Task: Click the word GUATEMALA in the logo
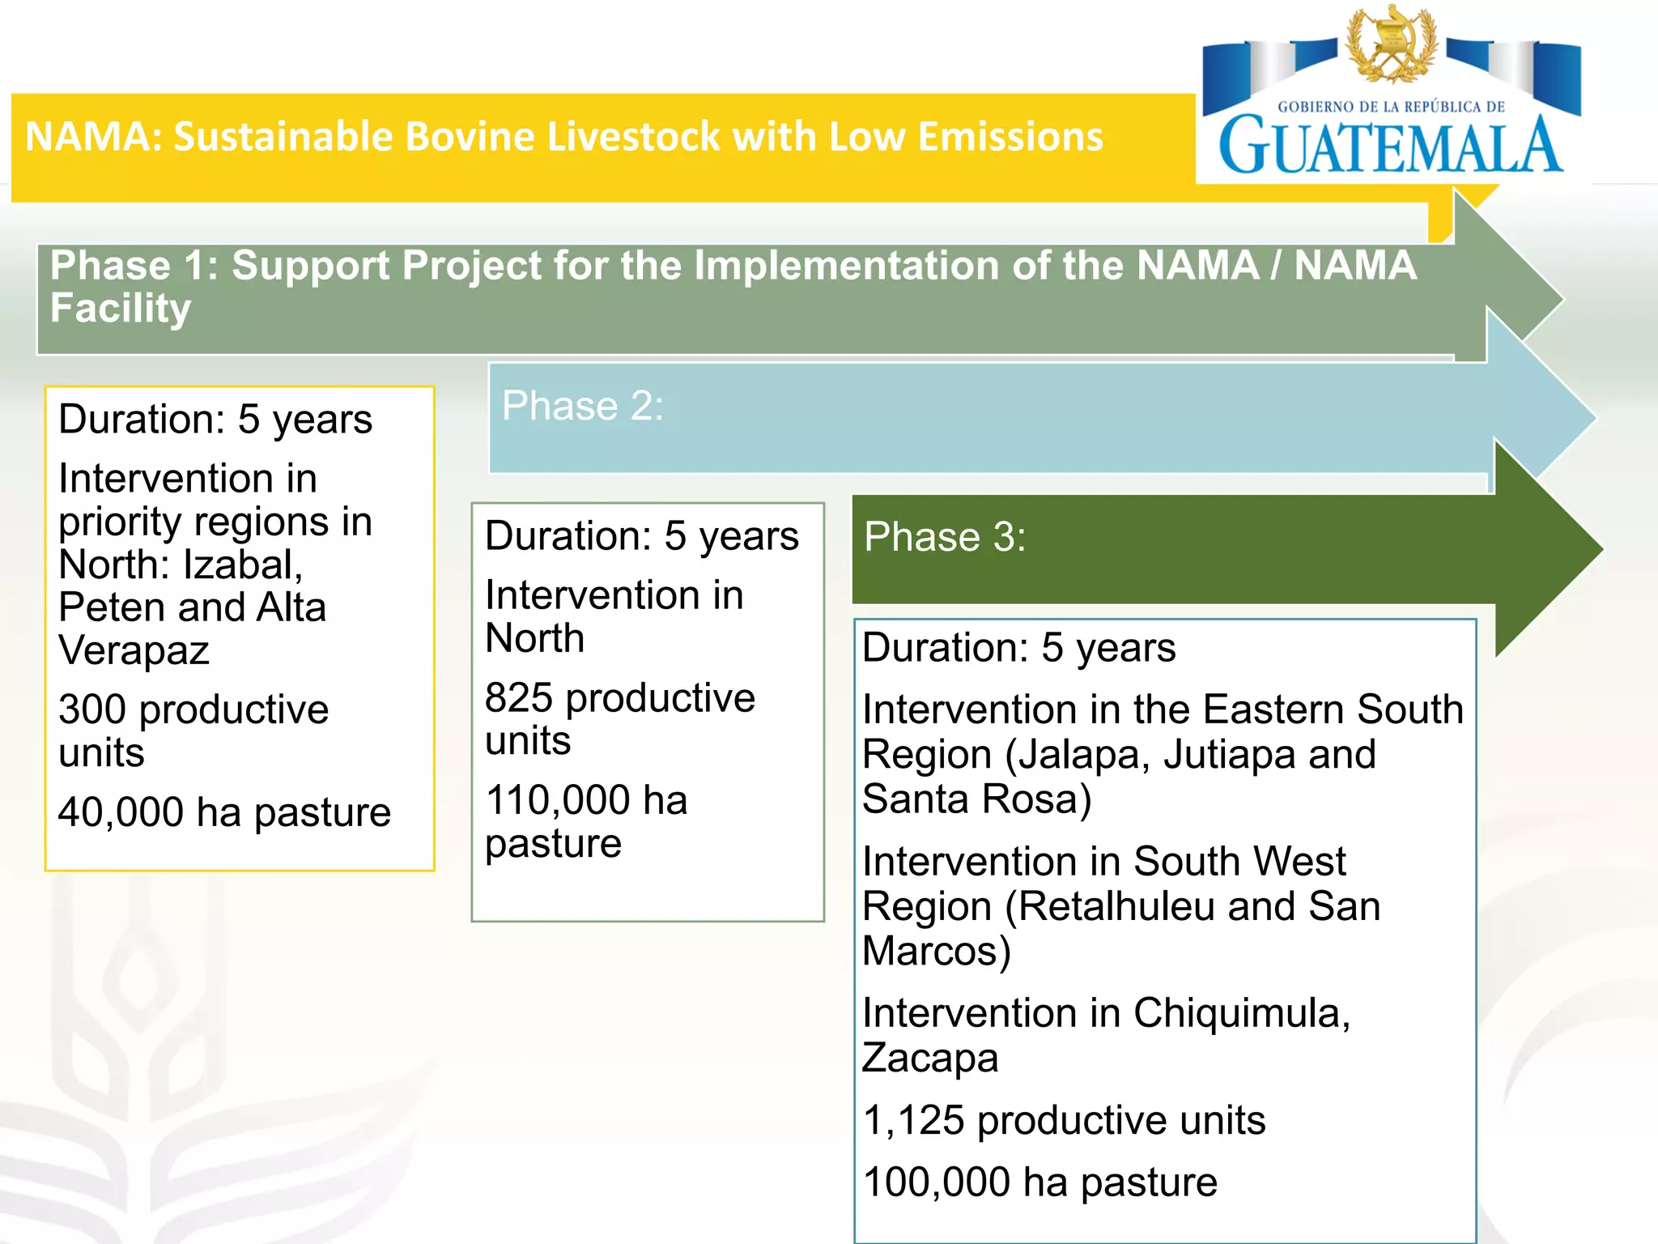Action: click(x=1390, y=147)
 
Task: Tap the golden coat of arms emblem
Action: click(x=1392, y=45)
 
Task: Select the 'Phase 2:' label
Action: click(x=582, y=405)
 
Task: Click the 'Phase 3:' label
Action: click(x=945, y=536)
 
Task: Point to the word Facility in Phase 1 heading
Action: click(x=121, y=309)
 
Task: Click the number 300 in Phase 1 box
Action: click(x=92, y=709)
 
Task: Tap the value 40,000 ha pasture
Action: click(x=224, y=812)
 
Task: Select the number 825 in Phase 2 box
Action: click(x=519, y=698)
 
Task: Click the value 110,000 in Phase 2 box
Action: click(x=558, y=800)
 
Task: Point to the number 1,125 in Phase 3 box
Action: click(x=914, y=1121)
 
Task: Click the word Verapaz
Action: click(x=134, y=650)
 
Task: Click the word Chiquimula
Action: click(x=1241, y=1013)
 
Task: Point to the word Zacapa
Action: click(x=930, y=1058)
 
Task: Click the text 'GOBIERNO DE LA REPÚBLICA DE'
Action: click(x=1391, y=107)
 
